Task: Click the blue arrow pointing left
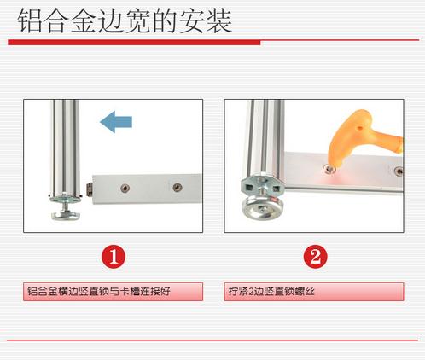(116, 122)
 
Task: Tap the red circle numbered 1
(114, 257)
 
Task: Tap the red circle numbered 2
(315, 257)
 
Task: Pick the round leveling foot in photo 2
(261, 208)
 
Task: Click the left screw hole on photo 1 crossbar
(125, 188)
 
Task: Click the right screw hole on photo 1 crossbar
(178, 187)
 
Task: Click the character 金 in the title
(84, 21)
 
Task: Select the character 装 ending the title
(219, 21)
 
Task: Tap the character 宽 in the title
(137, 21)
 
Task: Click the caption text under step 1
(99, 292)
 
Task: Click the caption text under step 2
(271, 292)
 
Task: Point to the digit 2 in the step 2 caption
(251, 292)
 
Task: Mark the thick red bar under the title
(134, 43)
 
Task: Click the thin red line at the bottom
(212, 340)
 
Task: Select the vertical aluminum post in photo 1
(65, 148)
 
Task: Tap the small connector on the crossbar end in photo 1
(89, 189)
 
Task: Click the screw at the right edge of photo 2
(399, 171)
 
